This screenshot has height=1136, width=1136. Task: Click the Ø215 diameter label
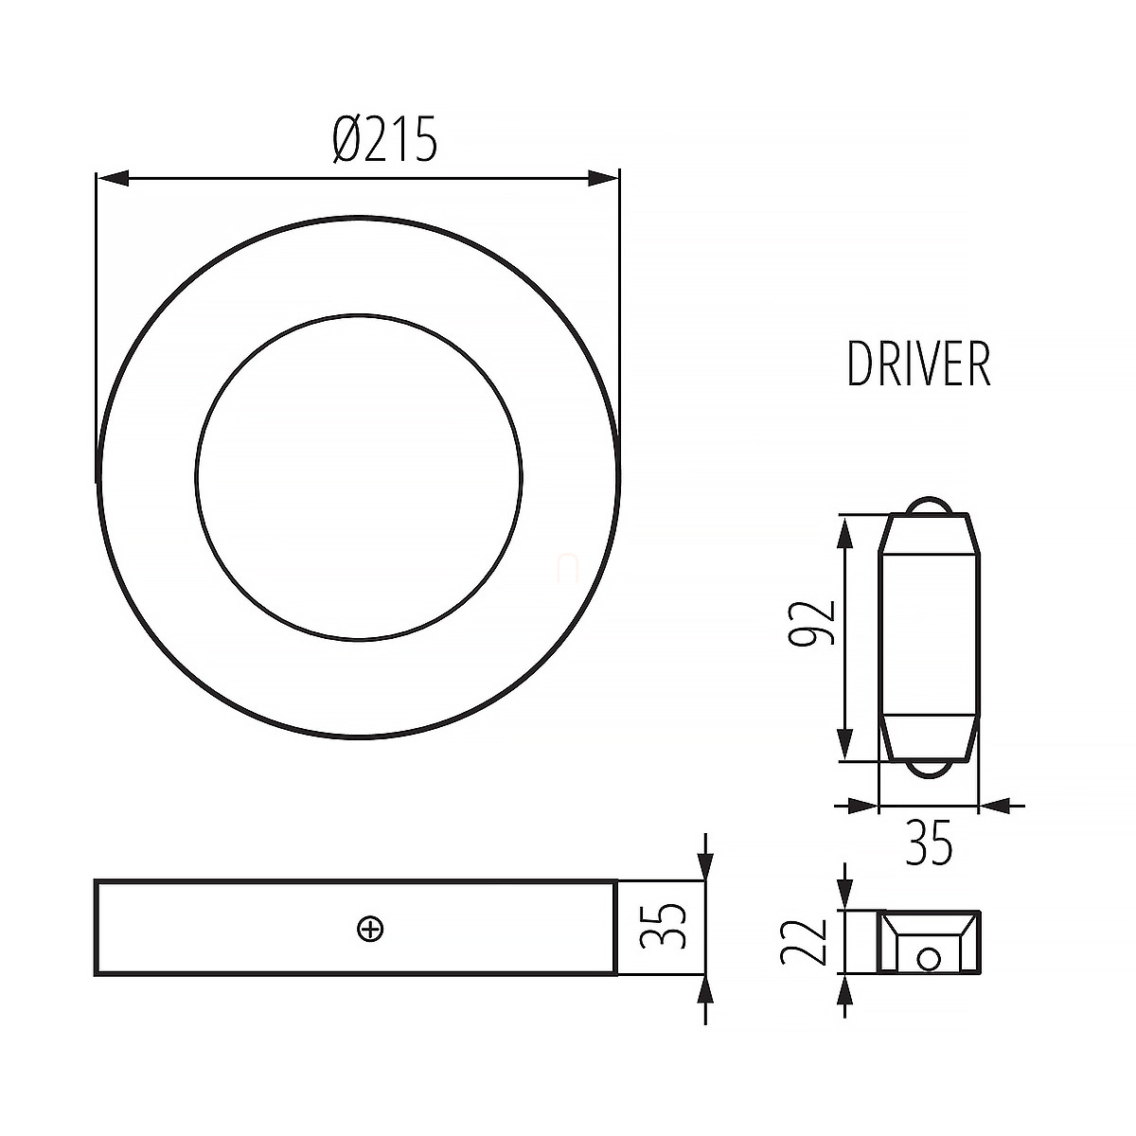(385, 139)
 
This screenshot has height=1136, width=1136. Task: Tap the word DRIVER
(918, 364)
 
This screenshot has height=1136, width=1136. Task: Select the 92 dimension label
(812, 623)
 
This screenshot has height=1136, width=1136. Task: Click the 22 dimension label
(804, 942)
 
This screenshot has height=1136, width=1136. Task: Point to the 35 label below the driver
(929, 843)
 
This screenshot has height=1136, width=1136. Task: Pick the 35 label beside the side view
(663, 926)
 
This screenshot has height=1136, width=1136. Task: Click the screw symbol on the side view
(371, 930)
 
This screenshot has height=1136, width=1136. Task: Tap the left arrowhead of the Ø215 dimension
(113, 177)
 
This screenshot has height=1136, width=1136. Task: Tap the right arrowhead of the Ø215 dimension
(603, 177)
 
